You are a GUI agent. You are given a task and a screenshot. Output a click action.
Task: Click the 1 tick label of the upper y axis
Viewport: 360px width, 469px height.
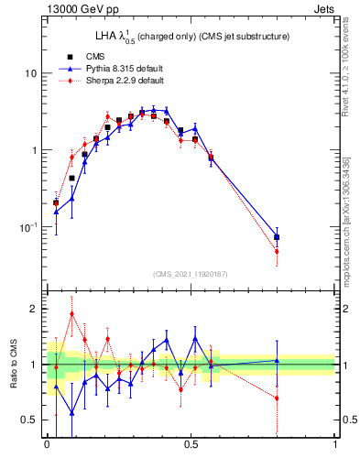pos(35,150)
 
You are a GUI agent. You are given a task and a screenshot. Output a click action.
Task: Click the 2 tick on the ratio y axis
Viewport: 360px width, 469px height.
pos(35,309)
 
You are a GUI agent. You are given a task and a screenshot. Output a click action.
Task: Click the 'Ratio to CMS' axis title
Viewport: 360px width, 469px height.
pos(13,365)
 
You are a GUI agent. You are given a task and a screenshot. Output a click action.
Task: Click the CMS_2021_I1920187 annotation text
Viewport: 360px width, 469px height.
pos(191,274)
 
